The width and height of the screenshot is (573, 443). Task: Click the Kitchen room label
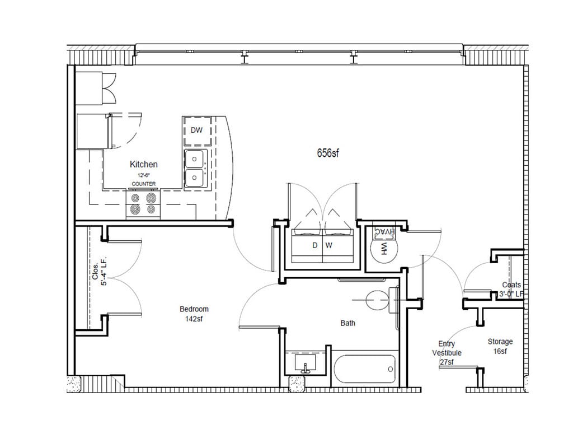[143, 164]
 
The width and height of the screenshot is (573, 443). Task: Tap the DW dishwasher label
[196, 130]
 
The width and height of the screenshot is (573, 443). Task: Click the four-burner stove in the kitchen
[143, 204]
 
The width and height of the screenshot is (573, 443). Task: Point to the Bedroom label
[194, 309]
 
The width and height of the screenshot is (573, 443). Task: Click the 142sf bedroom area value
[194, 319]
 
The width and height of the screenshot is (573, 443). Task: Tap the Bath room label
[347, 323]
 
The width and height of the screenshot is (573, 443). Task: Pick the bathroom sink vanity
[306, 363]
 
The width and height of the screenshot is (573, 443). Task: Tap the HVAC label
[384, 232]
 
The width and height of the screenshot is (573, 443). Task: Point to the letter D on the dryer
[314, 245]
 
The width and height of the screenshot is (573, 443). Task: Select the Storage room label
[500, 342]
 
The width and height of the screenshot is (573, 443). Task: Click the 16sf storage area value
[500, 351]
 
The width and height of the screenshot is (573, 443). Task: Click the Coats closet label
[511, 285]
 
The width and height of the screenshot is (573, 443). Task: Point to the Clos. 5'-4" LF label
[99, 272]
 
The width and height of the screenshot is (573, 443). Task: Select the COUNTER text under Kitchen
[143, 184]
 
